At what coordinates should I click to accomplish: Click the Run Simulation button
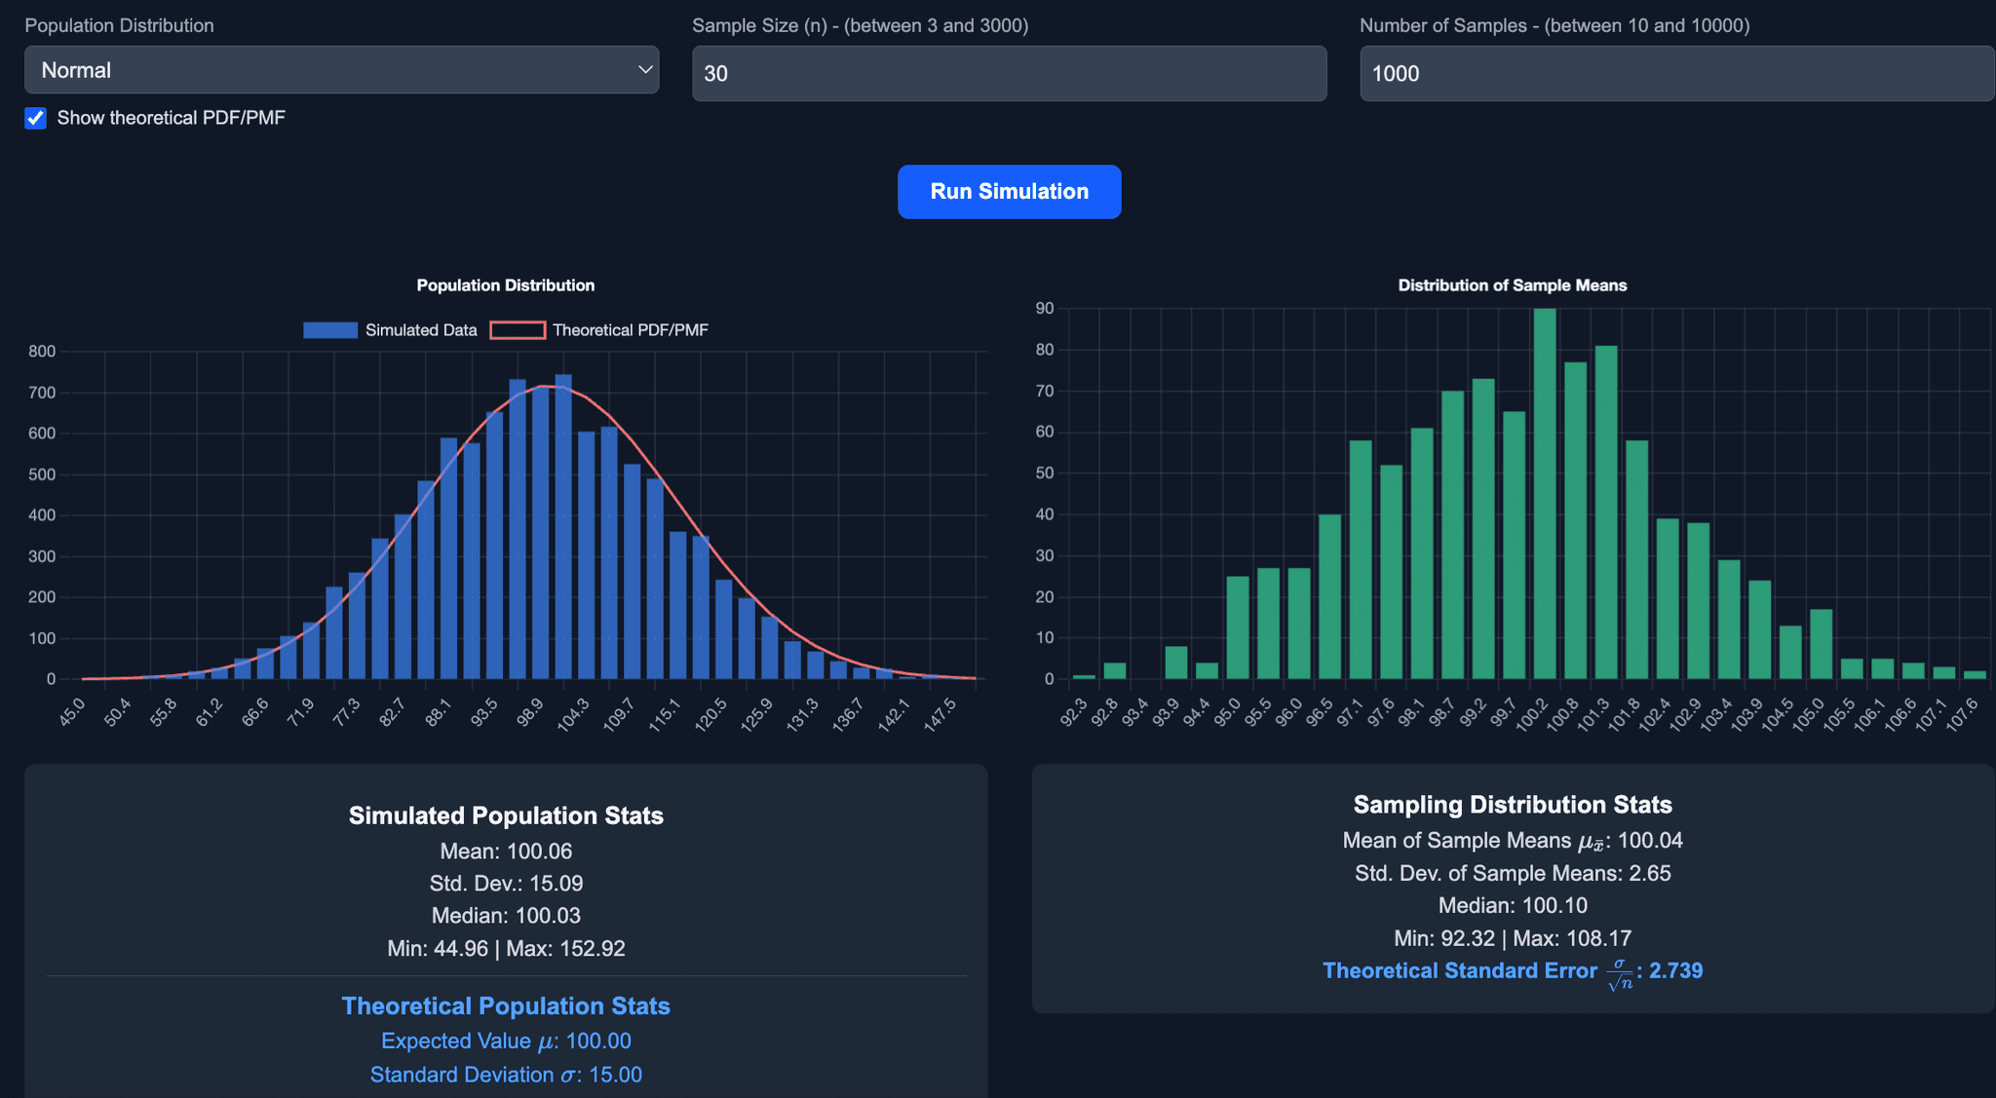click(x=1009, y=192)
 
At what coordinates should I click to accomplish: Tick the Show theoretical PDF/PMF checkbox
click(x=36, y=119)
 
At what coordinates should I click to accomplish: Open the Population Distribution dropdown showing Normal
click(x=341, y=70)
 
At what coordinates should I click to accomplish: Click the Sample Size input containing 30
click(x=1009, y=74)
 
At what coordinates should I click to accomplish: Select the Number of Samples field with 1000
click(x=1676, y=74)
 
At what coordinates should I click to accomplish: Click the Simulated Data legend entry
click(x=390, y=330)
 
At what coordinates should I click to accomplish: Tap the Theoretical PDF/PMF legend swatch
click(x=518, y=330)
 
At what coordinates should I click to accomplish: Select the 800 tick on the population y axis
click(x=42, y=352)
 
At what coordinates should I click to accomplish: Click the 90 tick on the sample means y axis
click(x=1045, y=309)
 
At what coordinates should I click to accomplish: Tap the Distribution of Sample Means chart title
click(x=1512, y=285)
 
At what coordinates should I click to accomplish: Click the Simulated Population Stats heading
click(x=506, y=816)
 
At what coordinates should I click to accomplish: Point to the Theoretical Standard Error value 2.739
click(x=1675, y=971)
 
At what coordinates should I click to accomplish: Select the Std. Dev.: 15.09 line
click(x=506, y=884)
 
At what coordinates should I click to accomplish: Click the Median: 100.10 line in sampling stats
click(x=1512, y=906)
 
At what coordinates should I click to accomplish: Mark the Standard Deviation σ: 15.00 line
click(x=506, y=1075)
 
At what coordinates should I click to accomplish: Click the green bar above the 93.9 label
click(x=1176, y=663)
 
